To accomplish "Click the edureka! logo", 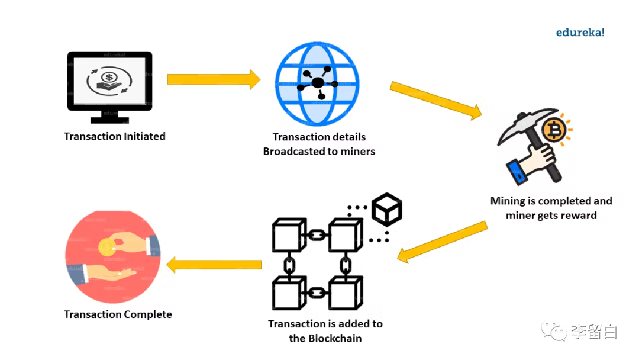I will [x=580, y=33].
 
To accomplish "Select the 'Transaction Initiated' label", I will [x=115, y=137].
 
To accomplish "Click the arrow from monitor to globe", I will [x=214, y=79].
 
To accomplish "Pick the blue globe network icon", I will [x=317, y=85].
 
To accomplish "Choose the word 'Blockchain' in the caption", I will [x=334, y=339].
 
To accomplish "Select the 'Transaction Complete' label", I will [x=118, y=314].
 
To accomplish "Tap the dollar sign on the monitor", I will [x=109, y=78].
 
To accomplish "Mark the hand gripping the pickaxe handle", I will [x=535, y=157].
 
